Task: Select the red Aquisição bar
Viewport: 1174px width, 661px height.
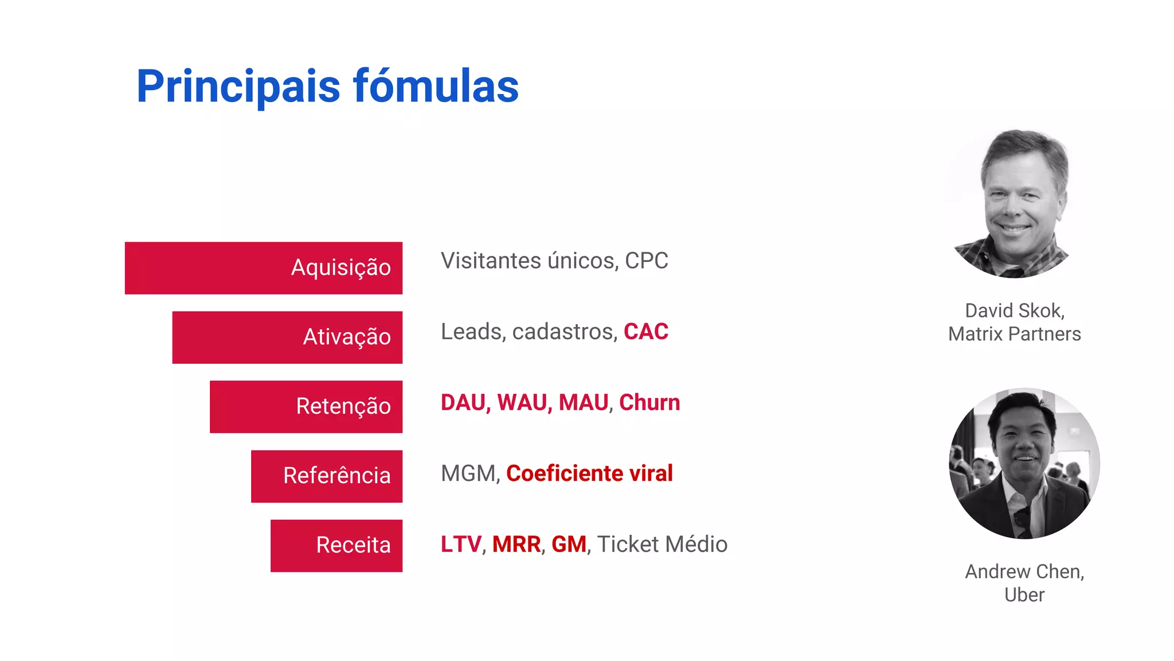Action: coord(263,268)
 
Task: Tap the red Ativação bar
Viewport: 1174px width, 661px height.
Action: coord(287,337)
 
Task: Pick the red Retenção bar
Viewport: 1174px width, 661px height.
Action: coord(306,407)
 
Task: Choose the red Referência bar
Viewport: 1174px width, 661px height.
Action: coord(326,476)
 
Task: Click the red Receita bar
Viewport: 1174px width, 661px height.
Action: coord(336,546)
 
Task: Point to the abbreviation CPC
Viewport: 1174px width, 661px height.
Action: coord(646,261)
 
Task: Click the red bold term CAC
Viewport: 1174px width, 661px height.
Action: coord(645,332)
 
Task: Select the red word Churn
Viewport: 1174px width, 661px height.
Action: coord(649,403)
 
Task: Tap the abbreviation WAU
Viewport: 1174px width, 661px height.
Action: coord(524,403)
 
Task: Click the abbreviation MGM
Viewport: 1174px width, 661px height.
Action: coord(469,474)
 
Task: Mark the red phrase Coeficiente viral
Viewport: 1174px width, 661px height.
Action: coord(589,474)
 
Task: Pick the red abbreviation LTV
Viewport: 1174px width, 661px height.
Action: coord(460,545)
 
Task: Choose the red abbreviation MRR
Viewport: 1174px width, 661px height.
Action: coord(516,545)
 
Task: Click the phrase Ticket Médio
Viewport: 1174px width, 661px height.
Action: coord(662,545)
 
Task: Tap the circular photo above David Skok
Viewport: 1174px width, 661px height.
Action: coord(1013,204)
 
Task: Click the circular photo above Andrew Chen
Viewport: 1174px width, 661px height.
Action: coord(1024,464)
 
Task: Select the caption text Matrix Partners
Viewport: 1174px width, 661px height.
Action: coord(1014,334)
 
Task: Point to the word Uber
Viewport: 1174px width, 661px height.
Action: coord(1024,595)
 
